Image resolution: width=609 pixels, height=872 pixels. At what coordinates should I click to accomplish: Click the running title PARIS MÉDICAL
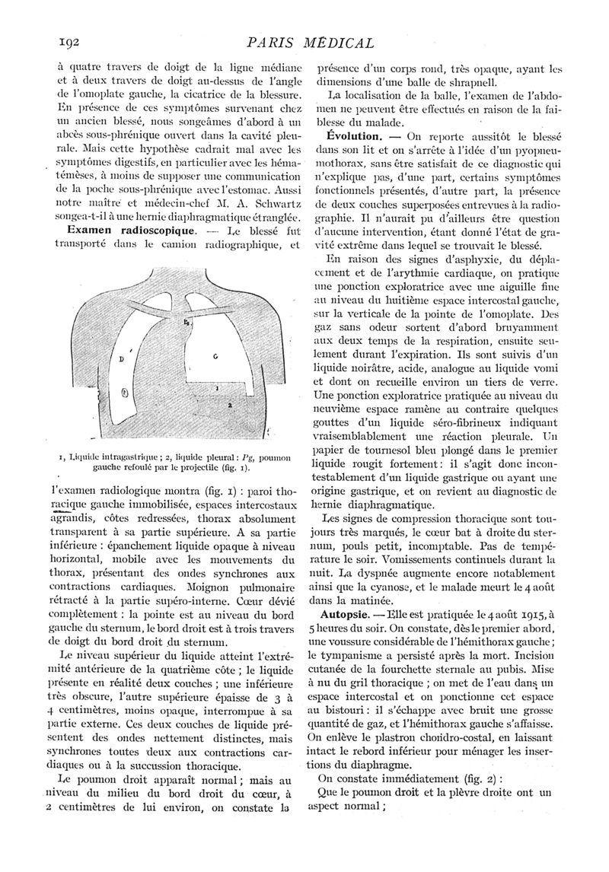click(311, 44)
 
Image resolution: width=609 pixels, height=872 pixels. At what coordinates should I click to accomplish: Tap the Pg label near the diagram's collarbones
click(187, 323)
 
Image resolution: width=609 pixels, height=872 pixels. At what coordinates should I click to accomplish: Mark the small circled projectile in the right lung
click(124, 393)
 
